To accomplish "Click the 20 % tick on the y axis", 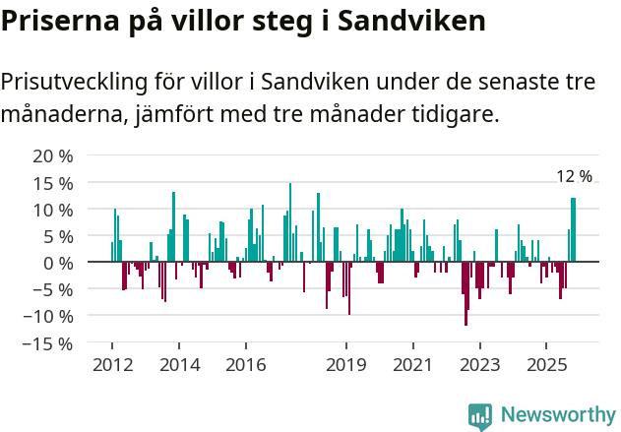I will click(x=52, y=155).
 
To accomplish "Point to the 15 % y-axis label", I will click(x=52, y=183).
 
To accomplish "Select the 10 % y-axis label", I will click(x=52, y=210).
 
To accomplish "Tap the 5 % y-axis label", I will click(x=57, y=236).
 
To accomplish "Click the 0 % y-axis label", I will click(x=57, y=263).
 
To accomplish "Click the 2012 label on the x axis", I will click(x=111, y=365).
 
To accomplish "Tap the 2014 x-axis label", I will click(x=178, y=365).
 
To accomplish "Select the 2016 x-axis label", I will click(x=245, y=365).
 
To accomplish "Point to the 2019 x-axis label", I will click(x=345, y=365).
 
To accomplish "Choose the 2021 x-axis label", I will click(x=412, y=365).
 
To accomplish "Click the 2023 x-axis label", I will click(x=479, y=365).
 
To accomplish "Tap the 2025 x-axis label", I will click(x=546, y=365).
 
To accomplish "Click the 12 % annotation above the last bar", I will click(x=574, y=176).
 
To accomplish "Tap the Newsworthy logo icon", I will click(x=480, y=416).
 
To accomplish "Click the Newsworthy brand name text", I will click(x=558, y=415).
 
